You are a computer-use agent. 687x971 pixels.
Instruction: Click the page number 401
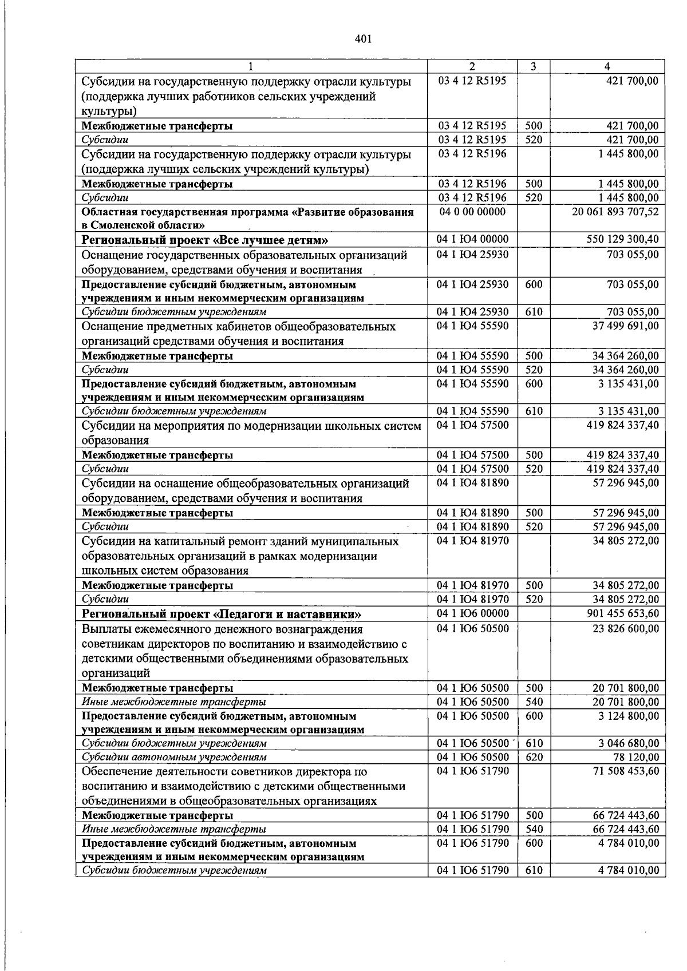coord(363,39)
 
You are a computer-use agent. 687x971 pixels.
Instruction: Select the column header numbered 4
coord(607,66)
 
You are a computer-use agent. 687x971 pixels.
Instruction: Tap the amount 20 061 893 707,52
coord(615,212)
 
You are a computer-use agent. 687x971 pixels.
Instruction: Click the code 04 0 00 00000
coord(472,212)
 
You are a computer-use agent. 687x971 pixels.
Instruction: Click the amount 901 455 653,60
coord(623,614)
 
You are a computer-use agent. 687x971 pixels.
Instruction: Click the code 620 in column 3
coord(534,757)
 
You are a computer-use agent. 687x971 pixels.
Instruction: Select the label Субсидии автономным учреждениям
coord(174,758)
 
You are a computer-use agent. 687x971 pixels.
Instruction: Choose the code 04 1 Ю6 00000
coord(472,614)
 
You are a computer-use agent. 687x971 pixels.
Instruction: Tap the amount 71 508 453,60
coord(625,771)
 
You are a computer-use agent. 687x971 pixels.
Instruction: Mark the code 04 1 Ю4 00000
coord(472,239)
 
